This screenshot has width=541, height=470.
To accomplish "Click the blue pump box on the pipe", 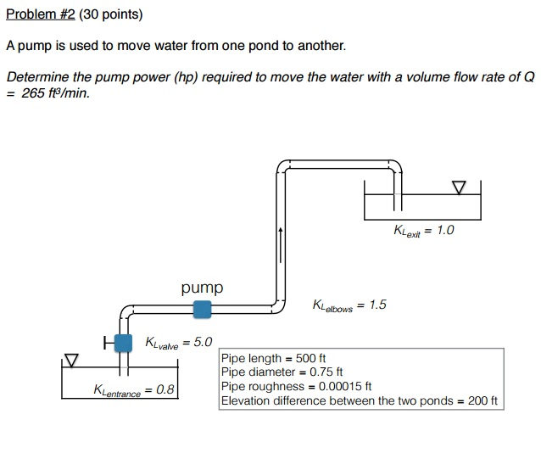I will click(202, 310).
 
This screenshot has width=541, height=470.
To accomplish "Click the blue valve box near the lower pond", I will click(124, 343).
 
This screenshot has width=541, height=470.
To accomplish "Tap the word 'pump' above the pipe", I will click(202, 288).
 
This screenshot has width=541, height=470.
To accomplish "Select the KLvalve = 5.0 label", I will click(179, 343).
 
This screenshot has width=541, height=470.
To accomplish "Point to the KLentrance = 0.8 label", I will click(134, 390).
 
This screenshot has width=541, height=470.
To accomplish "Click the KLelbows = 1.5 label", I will click(349, 305).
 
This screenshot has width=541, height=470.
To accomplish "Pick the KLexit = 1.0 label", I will click(424, 231).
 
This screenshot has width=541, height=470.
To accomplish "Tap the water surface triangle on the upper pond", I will click(459, 186).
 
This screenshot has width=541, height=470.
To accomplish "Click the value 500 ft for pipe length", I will click(310, 359).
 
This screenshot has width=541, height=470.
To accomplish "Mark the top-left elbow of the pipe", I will click(284, 166).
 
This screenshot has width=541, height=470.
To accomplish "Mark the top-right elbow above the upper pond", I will click(395, 165).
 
